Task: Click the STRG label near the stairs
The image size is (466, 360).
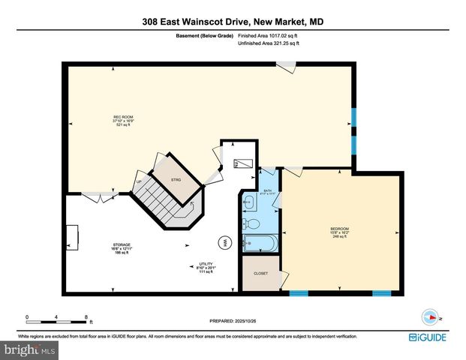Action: click(176, 180)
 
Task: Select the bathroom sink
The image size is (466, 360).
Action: click(248, 201)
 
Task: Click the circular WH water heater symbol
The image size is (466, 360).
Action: click(224, 242)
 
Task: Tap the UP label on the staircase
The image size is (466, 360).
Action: click(139, 181)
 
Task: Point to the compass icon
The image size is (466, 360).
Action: click(430, 316)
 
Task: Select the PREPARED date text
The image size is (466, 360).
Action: click(233, 321)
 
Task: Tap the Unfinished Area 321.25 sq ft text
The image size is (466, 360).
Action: click(268, 44)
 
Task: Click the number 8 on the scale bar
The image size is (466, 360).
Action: click(87, 317)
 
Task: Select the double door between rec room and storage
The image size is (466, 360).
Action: click(94, 196)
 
